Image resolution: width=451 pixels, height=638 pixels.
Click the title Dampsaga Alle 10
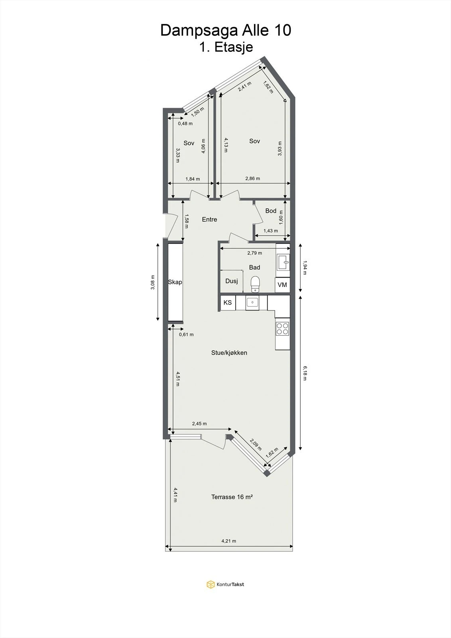coord(226,31)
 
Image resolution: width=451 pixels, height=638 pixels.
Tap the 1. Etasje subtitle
coord(226,47)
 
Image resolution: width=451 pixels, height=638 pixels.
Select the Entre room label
coord(209,219)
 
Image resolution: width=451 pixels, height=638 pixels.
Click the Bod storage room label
coord(271,211)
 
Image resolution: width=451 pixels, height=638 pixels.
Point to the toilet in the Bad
coord(255,284)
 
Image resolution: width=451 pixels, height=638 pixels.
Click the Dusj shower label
coord(232,281)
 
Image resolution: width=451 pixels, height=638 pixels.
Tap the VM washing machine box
coord(282,285)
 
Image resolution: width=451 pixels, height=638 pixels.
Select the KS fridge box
coord(228,303)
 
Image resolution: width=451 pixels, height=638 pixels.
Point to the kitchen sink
coord(252,302)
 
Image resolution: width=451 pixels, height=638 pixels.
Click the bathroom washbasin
coord(283,262)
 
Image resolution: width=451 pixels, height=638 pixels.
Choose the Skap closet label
coord(175,282)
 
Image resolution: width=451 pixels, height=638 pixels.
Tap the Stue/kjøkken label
coord(229,353)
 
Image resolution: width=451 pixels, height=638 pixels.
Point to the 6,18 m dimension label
coord(305,373)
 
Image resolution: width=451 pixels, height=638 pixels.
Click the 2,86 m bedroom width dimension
coord(253,179)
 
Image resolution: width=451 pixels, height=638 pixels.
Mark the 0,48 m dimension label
coord(185,124)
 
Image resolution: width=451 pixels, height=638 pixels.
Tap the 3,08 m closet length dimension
coord(153,282)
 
